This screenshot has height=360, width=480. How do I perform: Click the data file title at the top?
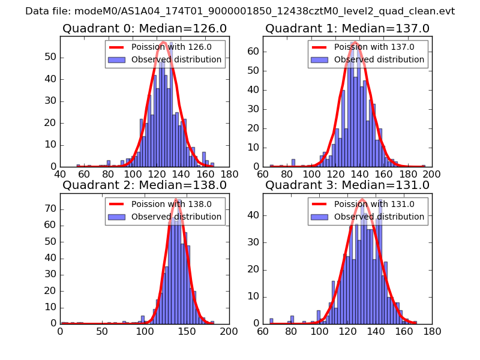pos(240,11)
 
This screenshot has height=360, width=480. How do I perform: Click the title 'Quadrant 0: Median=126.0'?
pos(145,28)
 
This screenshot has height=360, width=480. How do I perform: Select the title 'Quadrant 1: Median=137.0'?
pos(347,28)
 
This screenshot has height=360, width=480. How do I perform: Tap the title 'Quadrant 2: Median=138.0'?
pos(145,185)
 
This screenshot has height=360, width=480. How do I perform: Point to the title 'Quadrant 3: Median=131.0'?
pos(347,185)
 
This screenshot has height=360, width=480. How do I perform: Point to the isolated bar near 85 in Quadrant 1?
pos(293,163)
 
